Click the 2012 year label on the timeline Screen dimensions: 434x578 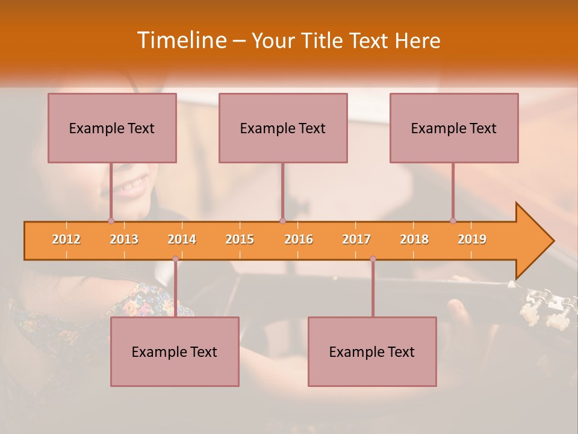coord(66,239)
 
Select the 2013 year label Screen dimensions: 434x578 coord(124,239)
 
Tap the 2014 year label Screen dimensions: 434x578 coord(182,239)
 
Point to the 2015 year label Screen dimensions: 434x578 coord(240,239)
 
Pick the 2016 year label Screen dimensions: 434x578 coord(299,239)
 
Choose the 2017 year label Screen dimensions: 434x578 coord(356,239)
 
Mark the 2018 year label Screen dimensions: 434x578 coord(414,239)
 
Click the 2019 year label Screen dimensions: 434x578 coord(472,239)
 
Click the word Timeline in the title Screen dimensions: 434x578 coord(181,40)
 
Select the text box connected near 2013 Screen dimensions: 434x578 coord(112,128)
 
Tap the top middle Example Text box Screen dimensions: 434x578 coord(283,128)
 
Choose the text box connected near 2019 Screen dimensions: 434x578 coord(454,128)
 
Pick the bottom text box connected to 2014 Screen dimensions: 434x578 coord(175,351)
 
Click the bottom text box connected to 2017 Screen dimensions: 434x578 coord(372,351)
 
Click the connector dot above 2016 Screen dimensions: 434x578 coord(282,221)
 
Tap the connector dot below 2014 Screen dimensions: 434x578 coord(175,259)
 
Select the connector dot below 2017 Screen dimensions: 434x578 coord(373,259)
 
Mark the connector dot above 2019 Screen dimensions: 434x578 coord(453,221)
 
